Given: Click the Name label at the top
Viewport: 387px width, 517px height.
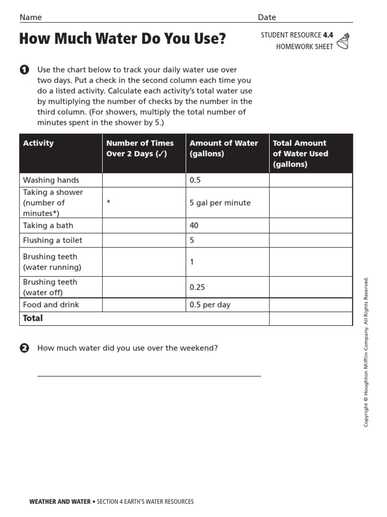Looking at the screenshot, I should (30, 17).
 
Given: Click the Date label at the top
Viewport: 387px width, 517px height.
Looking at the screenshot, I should (267, 17).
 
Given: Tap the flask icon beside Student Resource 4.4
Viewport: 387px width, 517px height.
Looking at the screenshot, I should (343, 41).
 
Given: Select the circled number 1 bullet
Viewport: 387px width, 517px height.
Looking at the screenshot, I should (24, 70).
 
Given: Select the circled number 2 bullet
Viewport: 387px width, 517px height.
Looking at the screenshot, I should (24, 348).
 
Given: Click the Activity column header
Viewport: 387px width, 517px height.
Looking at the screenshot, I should (38, 143).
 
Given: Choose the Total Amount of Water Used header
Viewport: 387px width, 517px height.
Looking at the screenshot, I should (300, 153).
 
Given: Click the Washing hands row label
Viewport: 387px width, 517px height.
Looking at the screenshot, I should (51, 180).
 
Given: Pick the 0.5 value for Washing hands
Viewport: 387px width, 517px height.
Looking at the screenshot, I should (195, 180).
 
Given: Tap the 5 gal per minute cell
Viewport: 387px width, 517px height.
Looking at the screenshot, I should (220, 202).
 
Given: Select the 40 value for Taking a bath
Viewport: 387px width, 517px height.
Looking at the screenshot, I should (194, 226).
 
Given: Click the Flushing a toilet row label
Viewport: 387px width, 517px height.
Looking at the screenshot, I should (52, 240).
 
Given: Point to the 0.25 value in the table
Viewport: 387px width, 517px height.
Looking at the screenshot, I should (197, 287).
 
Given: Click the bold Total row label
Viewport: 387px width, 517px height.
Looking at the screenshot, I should (33, 318).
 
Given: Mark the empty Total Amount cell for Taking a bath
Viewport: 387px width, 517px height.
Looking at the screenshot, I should (310, 226).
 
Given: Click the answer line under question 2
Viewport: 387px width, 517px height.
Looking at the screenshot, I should (149, 376).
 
